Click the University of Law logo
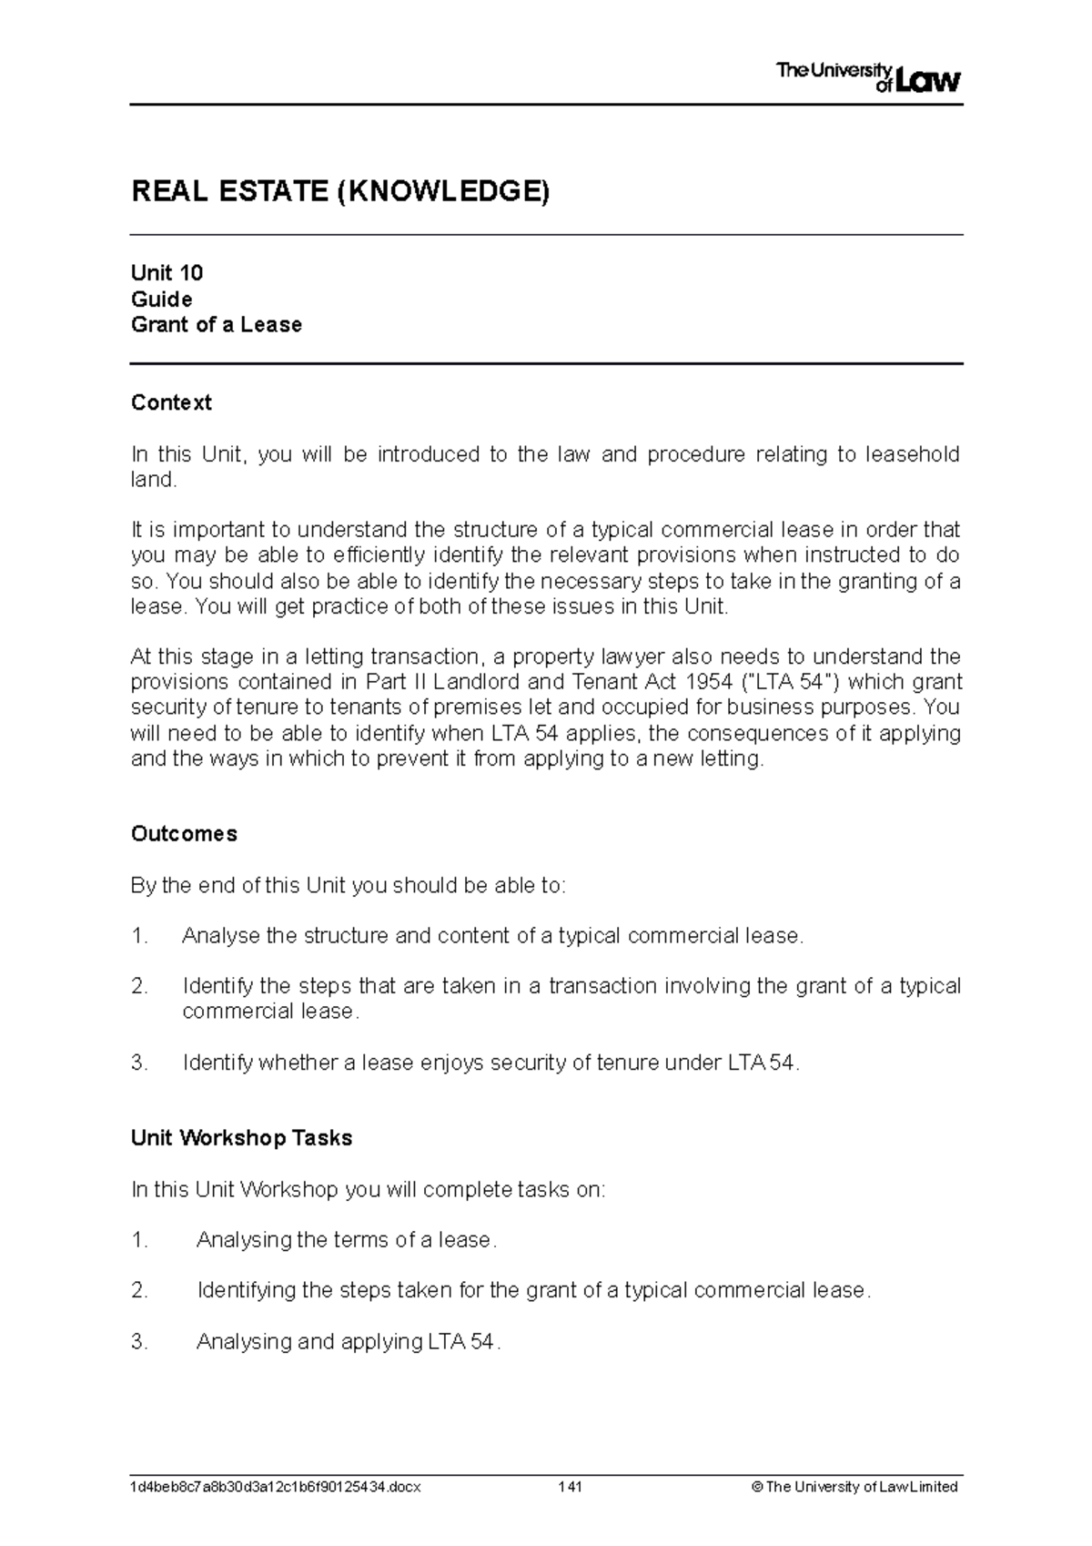pyautogui.click(x=868, y=78)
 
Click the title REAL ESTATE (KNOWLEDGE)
pyautogui.click(x=340, y=192)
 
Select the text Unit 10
pyautogui.click(x=167, y=273)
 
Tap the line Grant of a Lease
pyautogui.click(x=216, y=325)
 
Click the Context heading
pyautogui.click(x=171, y=402)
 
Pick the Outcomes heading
pyautogui.click(x=184, y=834)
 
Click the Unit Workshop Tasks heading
pyautogui.click(x=241, y=1138)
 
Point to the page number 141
pyautogui.click(x=571, y=1487)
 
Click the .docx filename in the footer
pyautogui.click(x=276, y=1487)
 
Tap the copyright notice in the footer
pyautogui.click(x=854, y=1487)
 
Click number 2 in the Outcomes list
pyautogui.click(x=139, y=986)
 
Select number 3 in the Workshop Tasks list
pyautogui.click(x=139, y=1341)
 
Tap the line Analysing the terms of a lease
pyautogui.click(x=346, y=1240)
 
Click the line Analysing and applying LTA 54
pyautogui.click(x=348, y=1341)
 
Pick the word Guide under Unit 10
pyautogui.click(x=161, y=300)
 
